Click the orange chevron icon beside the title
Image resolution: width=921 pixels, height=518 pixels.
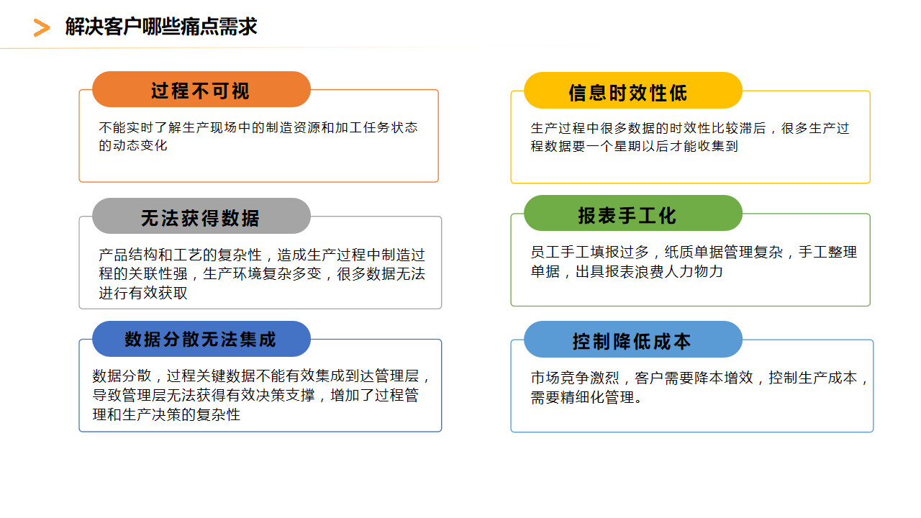(42, 27)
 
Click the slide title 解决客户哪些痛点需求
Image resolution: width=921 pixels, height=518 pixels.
(161, 27)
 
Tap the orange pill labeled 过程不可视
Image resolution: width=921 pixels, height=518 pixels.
(201, 89)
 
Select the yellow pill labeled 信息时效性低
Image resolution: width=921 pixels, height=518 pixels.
(632, 91)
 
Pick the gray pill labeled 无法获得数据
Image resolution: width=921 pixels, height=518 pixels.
(201, 216)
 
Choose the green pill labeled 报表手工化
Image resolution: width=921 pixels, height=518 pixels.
(632, 213)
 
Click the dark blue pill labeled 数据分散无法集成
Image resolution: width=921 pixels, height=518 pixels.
(201, 339)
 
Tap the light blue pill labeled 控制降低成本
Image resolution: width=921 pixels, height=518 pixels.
(632, 339)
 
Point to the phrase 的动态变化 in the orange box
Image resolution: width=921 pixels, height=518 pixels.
(133, 145)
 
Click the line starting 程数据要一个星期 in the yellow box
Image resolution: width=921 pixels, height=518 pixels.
(635, 146)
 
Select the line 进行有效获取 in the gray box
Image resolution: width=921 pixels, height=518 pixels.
(143, 293)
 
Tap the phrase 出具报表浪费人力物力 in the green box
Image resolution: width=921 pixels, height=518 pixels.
(649, 271)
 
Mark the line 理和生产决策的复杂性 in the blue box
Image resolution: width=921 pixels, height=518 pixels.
(166, 414)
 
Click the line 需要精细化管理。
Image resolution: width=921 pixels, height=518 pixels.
(586, 397)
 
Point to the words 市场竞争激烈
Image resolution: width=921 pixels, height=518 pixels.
(575, 378)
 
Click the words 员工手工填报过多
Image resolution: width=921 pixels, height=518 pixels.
(589, 252)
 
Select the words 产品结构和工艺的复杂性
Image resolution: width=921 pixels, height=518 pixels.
(180, 255)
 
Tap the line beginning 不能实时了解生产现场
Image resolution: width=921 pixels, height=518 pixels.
(258, 127)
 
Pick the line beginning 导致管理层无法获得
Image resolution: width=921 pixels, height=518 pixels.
(255, 395)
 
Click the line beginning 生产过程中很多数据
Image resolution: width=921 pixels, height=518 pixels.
(690, 128)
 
